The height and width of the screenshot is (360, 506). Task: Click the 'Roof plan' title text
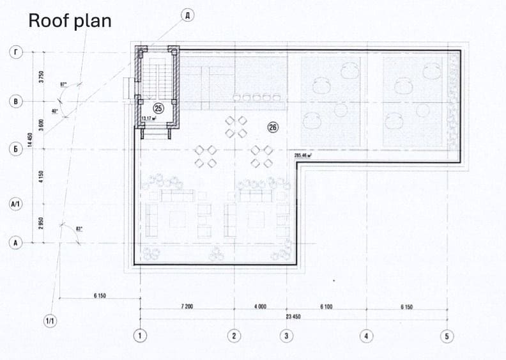click(x=70, y=20)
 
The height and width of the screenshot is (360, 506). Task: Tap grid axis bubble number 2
click(x=234, y=335)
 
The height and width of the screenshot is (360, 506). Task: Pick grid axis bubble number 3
click(x=286, y=335)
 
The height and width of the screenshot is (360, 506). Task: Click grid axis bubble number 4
click(x=366, y=335)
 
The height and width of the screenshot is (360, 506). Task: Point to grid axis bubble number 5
click(x=447, y=335)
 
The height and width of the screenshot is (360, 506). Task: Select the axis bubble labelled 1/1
click(x=50, y=320)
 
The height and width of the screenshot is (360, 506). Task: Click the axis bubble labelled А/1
click(x=15, y=205)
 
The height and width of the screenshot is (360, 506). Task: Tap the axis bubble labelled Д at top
click(x=187, y=15)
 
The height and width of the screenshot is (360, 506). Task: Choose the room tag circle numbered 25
click(x=158, y=108)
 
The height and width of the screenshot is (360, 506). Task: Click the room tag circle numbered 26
click(x=273, y=127)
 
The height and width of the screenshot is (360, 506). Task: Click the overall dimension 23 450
click(x=293, y=317)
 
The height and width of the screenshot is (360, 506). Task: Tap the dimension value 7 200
click(x=187, y=307)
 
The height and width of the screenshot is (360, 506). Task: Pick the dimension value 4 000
click(x=260, y=307)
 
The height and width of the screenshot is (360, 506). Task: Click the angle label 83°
click(x=79, y=228)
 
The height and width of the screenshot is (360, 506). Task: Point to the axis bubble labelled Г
click(x=15, y=52)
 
